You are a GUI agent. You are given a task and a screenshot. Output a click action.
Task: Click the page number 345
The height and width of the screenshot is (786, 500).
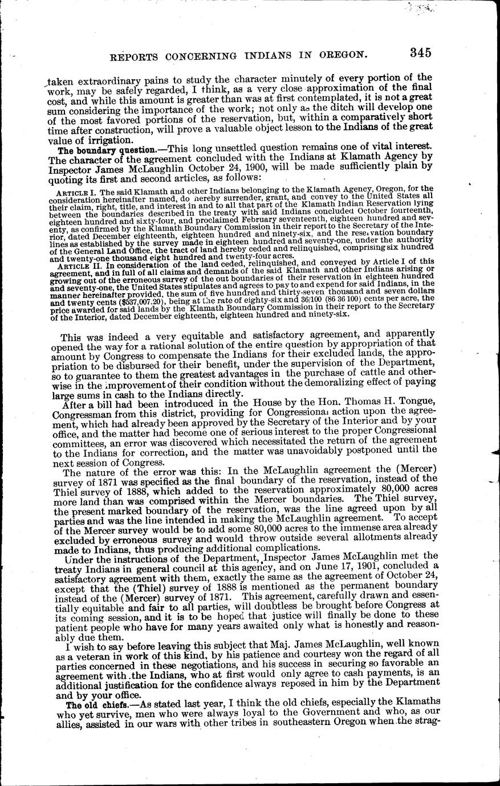point(418,52)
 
